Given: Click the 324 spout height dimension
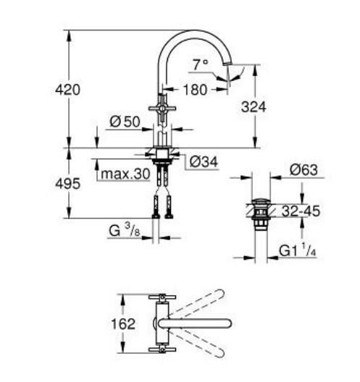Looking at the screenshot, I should coord(254,106).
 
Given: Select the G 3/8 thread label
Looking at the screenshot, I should coord(124,232).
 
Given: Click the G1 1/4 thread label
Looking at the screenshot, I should coord(298,251).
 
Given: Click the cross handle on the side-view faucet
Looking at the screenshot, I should coord(162,109).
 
